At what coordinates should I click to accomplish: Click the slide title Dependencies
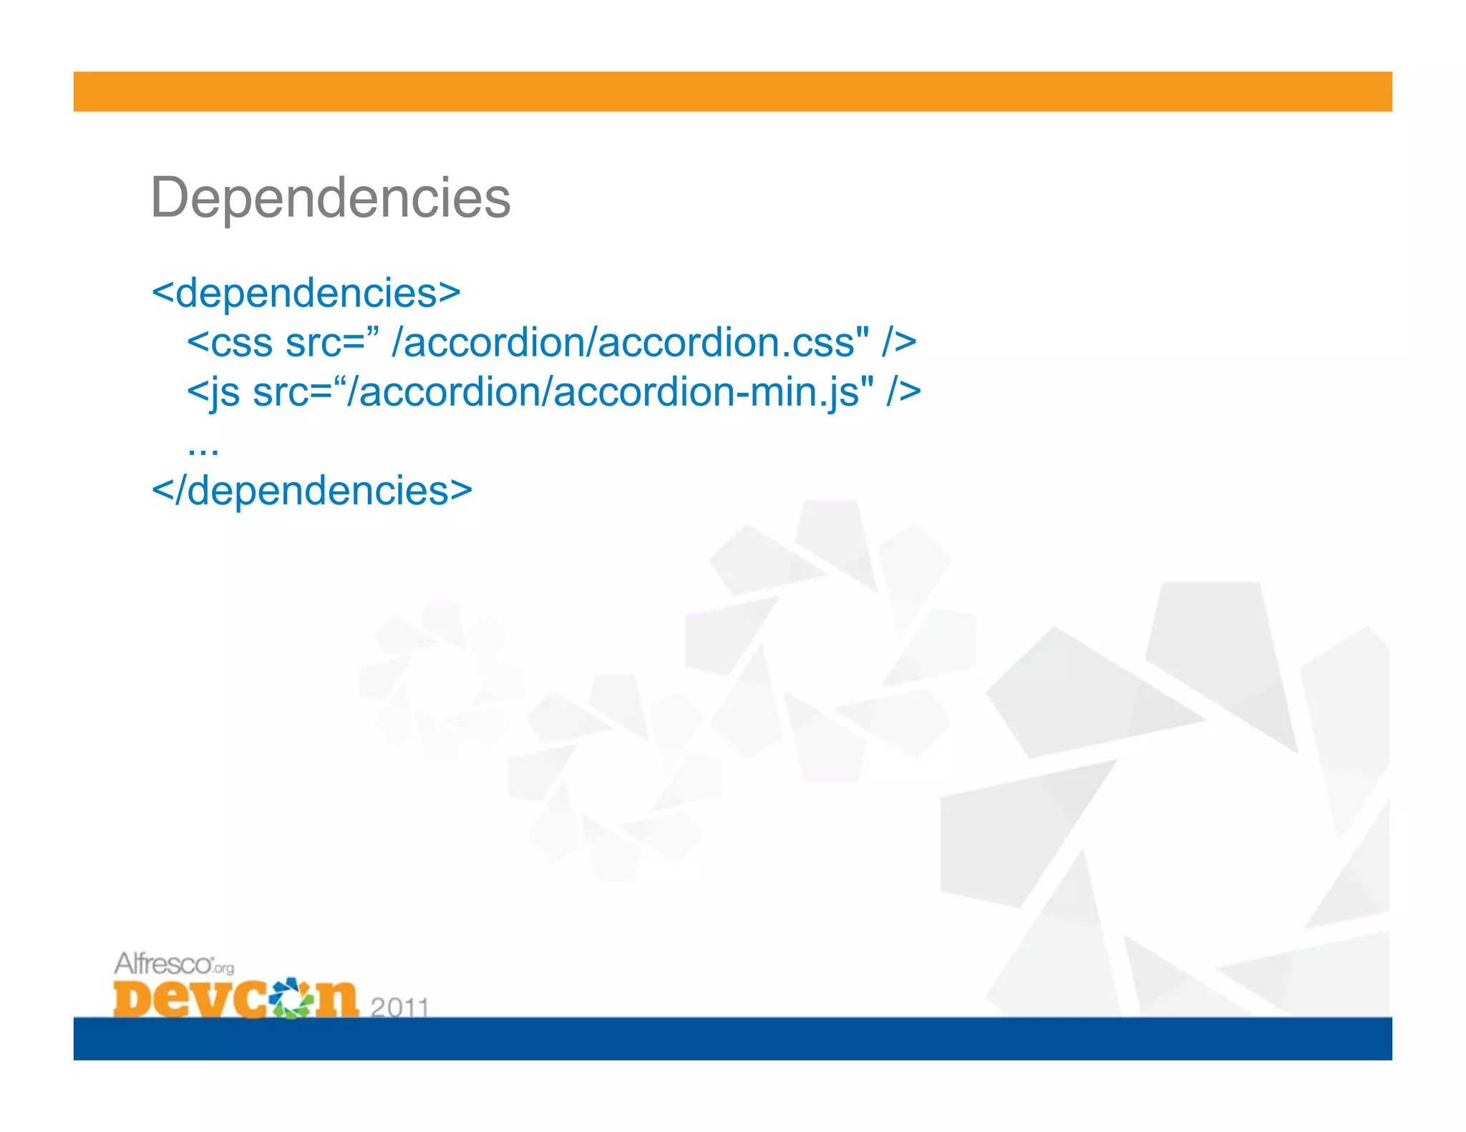(330, 197)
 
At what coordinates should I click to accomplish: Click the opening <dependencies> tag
(306, 293)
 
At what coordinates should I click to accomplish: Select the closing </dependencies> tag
(312, 491)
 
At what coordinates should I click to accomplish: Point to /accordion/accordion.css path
(630, 343)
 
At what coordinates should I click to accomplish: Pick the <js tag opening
(213, 393)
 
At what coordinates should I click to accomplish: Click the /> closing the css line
(899, 343)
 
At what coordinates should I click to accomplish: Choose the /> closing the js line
(903, 392)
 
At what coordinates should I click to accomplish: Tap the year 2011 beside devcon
(399, 1007)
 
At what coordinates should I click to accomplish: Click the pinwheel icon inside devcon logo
(292, 997)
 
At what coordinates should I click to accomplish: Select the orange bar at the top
(732, 92)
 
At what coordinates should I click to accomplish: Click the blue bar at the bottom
(732, 1038)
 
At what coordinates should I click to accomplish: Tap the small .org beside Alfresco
(223, 968)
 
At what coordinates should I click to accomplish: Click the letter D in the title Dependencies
(170, 197)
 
